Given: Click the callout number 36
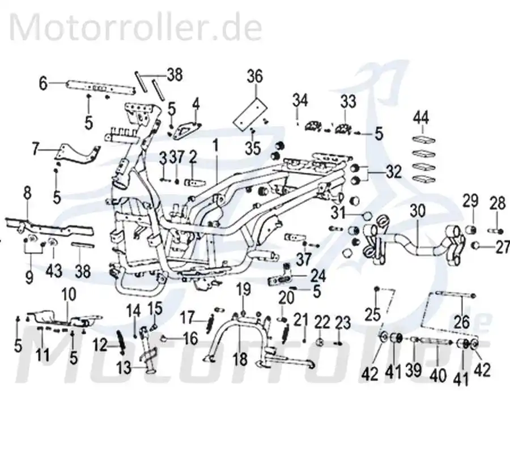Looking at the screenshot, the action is (254, 76).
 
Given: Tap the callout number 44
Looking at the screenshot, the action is (421, 118).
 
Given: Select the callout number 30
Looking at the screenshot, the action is (417, 211).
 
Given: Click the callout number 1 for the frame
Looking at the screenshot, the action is (216, 146).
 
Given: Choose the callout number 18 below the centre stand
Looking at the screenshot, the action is (240, 360).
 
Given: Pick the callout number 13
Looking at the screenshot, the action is (124, 368).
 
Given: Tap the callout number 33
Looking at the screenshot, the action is (348, 102).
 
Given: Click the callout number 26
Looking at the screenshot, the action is (461, 322).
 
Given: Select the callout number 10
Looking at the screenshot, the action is (69, 294).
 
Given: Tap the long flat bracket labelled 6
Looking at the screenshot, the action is (101, 88).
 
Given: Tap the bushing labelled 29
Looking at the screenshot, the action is (471, 229).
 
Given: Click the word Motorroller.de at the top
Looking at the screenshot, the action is (136, 27).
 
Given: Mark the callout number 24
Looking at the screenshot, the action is (318, 276).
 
